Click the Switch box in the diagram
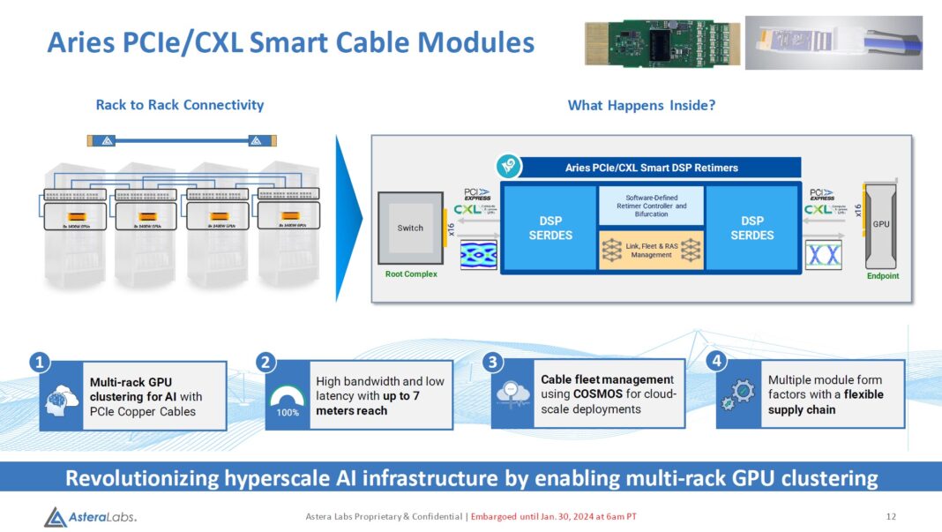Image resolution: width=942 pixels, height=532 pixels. point(410,229)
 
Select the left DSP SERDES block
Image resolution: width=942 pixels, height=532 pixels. point(549,229)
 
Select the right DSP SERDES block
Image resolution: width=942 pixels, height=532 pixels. point(752,229)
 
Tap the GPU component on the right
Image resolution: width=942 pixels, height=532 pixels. point(881,224)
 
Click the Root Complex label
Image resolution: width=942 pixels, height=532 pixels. point(411,273)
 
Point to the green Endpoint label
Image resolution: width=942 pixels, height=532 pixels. point(882,275)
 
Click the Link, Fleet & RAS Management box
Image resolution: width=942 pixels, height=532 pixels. point(651,250)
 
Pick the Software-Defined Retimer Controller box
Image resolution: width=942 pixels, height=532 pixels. point(651,205)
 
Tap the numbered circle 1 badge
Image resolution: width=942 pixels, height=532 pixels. point(39,362)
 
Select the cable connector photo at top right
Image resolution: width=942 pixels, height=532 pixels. point(834,41)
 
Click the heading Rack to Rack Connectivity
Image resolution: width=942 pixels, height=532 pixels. point(180,105)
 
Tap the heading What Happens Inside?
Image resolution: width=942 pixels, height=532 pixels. point(641,105)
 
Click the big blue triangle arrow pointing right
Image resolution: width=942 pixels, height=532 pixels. point(349,217)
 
